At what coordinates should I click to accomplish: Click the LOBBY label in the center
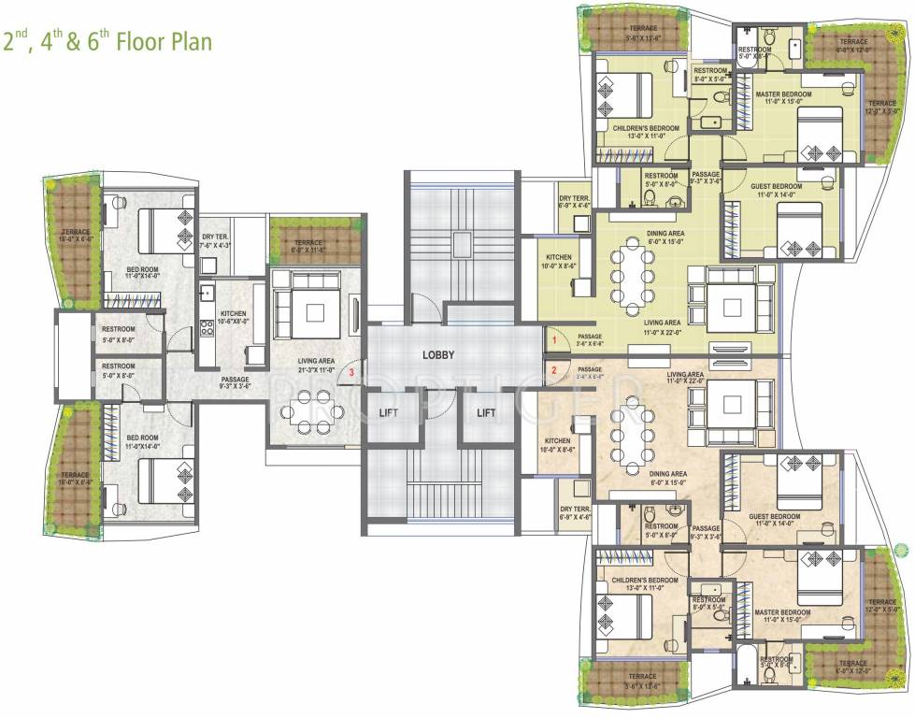click(437, 355)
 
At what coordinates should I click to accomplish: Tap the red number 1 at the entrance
click(553, 341)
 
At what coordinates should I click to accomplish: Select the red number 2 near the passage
click(553, 371)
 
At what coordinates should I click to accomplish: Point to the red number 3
click(350, 373)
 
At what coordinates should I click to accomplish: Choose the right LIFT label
click(486, 412)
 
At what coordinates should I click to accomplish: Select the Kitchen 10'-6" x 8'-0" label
click(233, 314)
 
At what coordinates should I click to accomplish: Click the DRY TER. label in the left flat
click(216, 237)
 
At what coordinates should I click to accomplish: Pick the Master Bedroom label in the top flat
click(783, 95)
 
